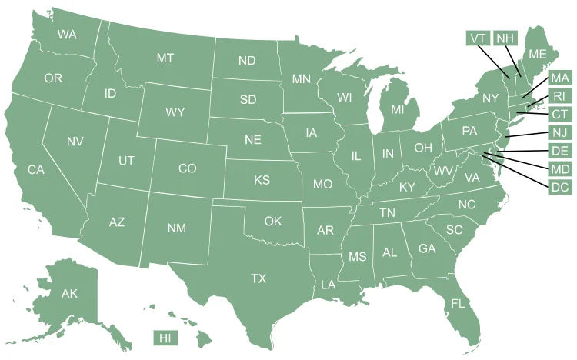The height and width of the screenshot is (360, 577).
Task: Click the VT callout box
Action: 478,38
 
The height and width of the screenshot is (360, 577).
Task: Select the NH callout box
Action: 505,38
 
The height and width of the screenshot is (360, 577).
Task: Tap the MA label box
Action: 559,78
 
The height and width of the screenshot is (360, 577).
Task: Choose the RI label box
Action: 559,96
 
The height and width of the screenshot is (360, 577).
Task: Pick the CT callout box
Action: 559,115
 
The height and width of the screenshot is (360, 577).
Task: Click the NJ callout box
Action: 559,132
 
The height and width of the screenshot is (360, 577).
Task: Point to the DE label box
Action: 559,151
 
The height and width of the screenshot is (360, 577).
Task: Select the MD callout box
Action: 559,168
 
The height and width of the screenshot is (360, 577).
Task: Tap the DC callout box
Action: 559,187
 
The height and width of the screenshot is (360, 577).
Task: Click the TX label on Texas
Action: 258,278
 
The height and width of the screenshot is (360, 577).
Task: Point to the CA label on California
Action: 36,170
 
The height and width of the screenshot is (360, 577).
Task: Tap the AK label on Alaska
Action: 70,294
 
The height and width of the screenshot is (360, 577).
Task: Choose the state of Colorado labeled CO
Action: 188,168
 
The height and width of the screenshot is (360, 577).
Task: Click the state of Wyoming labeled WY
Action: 175,112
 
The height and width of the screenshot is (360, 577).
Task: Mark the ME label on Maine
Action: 537,54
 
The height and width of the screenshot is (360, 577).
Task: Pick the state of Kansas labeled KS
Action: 262,181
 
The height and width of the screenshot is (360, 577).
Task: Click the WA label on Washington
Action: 67,35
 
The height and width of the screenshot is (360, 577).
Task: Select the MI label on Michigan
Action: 397,110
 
